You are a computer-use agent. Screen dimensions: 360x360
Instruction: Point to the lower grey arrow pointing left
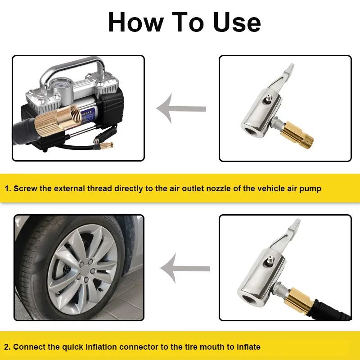[x=184, y=269]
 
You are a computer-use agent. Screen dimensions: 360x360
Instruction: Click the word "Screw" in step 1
[x=25, y=189]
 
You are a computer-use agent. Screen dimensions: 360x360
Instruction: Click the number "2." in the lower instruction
[x=8, y=347]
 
